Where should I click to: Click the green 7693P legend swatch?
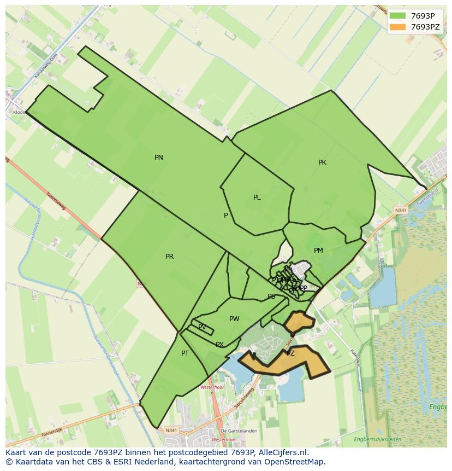tap(399, 16)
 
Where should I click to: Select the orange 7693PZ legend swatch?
tap(399, 27)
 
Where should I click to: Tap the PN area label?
tap(159, 158)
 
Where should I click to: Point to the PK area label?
tap(322, 162)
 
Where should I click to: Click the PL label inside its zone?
tap(257, 197)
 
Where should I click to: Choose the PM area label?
tap(318, 251)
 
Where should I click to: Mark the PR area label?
tap(169, 257)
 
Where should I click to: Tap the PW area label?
tap(234, 319)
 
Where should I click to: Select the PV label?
tap(202, 327)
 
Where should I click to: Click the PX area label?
tap(219, 345)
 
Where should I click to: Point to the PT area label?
tap(185, 353)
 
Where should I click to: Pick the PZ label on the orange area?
tap(290, 353)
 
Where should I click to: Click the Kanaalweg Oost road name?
tap(46, 68)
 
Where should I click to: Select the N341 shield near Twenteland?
tap(401, 210)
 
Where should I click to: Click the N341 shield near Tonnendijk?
tap(171, 431)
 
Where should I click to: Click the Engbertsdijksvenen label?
tap(377, 439)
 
